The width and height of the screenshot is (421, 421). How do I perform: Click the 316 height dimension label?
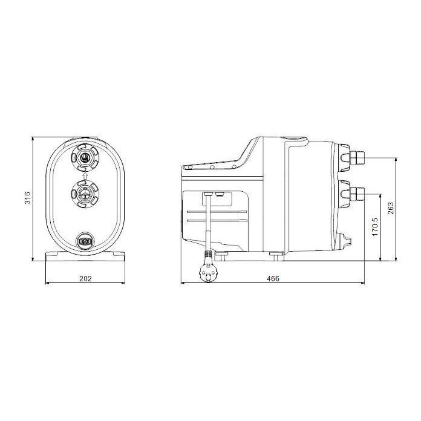tap(27, 198)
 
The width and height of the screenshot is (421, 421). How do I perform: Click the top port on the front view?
tap(85, 158)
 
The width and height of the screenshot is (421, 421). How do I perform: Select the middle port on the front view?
tap(85, 194)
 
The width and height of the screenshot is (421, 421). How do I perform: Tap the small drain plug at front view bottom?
tap(85, 243)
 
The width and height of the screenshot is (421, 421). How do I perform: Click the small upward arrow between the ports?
tap(85, 175)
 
